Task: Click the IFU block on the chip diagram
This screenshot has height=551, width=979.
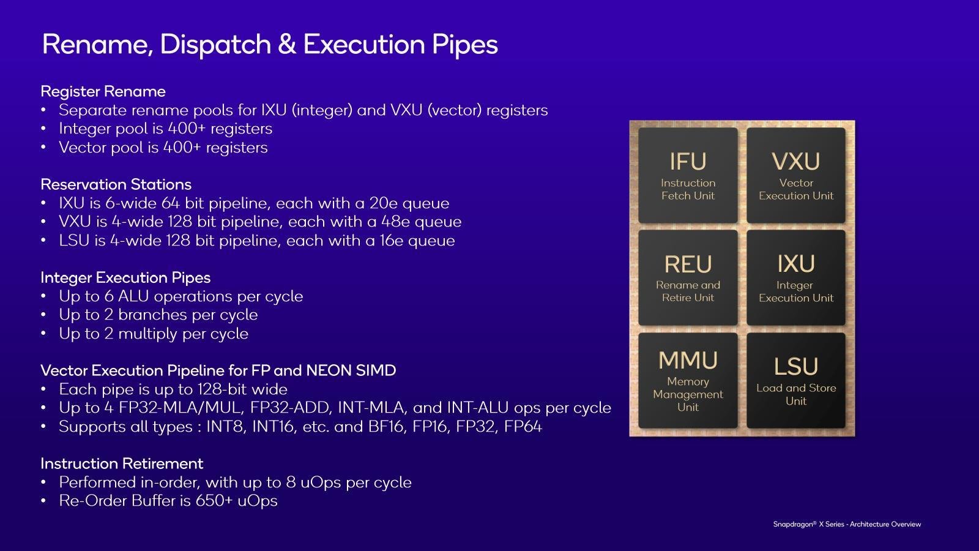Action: (x=688, y=175)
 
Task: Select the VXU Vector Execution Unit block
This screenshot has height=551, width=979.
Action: (x=796, y=175)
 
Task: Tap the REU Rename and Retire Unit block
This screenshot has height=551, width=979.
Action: (x=688, y=278)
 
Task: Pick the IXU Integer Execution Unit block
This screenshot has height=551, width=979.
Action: (x=796, y=278)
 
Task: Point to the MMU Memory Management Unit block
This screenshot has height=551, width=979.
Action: (x=688, y=380)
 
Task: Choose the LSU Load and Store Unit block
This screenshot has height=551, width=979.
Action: (x=796, y=380)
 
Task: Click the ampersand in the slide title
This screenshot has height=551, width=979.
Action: (x=287, y=44)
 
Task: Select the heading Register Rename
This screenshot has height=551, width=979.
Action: (x=103, y=91)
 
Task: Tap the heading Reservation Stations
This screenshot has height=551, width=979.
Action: (x=116, y=184)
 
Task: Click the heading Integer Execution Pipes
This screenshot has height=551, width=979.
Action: (x=125, y=277)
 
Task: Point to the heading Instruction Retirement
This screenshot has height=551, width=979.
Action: (x=122, y=463)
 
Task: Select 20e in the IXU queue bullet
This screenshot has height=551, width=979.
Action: (x=384, y=203)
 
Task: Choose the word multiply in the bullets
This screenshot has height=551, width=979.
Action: (x=148, y=334)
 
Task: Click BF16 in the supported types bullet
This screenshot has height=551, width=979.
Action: (x=386, y=426)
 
